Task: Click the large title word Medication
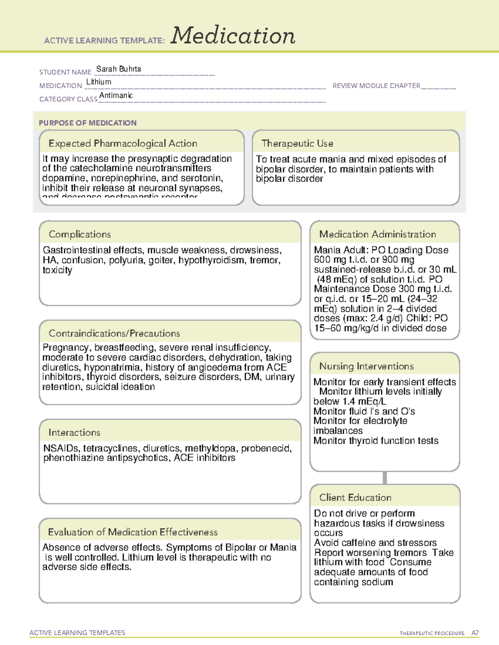coord(233,36)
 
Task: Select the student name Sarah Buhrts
coord(119,69)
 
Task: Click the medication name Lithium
coord(99,82)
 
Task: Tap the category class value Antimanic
coord(116,96)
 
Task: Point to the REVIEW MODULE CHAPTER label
coord(376,86)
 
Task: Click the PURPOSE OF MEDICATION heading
coord(87,123)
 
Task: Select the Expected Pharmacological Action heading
coord(123,144)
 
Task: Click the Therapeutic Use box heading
coord(297,144)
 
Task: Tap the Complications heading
coord(79,234)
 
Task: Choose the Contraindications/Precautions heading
coord(114,334)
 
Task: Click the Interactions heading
coord(74,433)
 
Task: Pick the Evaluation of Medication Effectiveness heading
coord(133,532)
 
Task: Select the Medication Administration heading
coord(377,234)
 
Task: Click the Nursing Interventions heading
coord(366,366)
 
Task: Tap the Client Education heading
coord(355,498)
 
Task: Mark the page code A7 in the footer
coord(475,633)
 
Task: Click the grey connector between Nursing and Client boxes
coord(385,478)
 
